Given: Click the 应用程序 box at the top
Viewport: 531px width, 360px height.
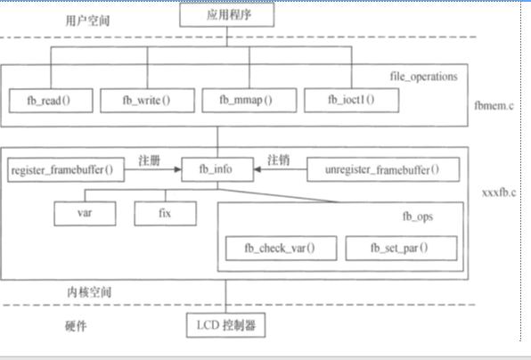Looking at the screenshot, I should pyautogui.click(x=225, y=14).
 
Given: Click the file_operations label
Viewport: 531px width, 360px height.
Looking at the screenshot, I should pyautogui.click(x=424, y=77).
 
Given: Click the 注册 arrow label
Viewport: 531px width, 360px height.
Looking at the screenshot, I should pyautogui.click(x=149, y=160).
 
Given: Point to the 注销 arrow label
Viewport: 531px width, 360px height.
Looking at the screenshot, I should pyautogui.click(x=278, y=160).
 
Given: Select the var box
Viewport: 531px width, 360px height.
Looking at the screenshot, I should pyautogui.click(x=86, y=213).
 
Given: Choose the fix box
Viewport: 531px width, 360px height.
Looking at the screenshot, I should pyautogui.click(x=166, y=213).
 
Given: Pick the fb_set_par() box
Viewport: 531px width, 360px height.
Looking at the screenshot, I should pyautogui.click(x=401, y=247).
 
